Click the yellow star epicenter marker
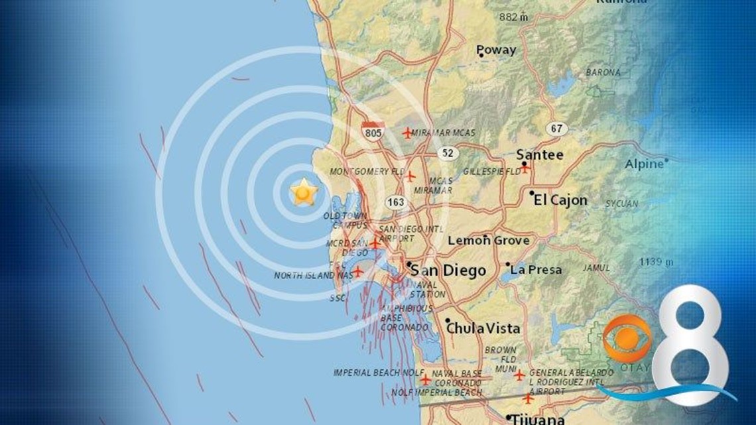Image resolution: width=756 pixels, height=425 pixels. (304, 192)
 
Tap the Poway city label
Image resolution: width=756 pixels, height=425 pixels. (496, 50)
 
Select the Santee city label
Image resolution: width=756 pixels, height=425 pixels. (540, 155)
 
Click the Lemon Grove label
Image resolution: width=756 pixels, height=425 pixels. (489, 241)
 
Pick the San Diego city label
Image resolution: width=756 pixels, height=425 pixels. (448, 271)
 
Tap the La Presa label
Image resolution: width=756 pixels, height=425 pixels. (536, 270)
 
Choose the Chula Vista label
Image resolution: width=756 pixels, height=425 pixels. (483, 328)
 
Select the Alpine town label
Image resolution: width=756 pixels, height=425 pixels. (644, 164)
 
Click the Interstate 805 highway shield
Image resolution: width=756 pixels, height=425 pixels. (373, 131)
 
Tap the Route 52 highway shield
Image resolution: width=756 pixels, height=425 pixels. (449, 153)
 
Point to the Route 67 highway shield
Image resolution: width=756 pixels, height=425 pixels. (557, 129)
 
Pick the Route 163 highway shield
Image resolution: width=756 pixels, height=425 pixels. (397, 202)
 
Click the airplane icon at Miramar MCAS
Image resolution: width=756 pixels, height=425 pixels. (407, 133)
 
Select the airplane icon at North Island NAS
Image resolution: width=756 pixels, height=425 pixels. (357, 272)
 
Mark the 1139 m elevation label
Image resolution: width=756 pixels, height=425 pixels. (656, 262)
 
